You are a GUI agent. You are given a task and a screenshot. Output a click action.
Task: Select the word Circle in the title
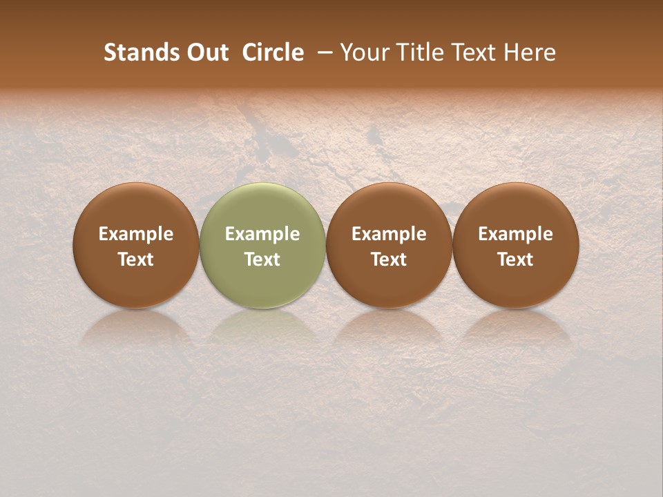[x=273, y=52]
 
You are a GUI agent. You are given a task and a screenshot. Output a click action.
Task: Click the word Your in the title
[x=363, y=52]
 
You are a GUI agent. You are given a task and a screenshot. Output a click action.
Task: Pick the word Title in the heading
[x=415, y=52]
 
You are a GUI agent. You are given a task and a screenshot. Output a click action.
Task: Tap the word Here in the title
[x=530, y=52]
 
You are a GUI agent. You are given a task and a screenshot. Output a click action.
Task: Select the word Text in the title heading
[x=472, y=52]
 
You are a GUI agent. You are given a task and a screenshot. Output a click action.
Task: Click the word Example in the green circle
[x=262, y=234]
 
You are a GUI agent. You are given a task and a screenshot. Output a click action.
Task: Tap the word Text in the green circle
[x=262, y=260]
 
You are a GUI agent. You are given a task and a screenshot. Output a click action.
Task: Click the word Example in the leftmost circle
[x=136, y=234]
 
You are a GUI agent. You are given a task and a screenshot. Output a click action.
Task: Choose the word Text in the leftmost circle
[x=136, y=260]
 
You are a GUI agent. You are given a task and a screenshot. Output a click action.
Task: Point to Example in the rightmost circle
[x=515, y=234]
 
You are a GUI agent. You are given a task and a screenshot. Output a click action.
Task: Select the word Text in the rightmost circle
[x=515, y=260]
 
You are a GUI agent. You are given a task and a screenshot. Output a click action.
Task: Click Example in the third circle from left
[x=389, y=234]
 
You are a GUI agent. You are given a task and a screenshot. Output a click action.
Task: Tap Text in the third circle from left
[x=389, y=260]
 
